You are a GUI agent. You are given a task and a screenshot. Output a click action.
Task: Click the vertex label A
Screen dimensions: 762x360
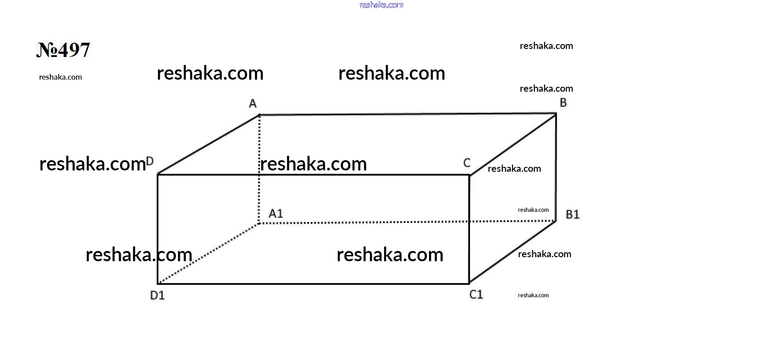click(x=252, y=103)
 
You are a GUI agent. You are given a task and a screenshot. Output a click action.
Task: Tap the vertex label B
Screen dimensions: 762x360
click(x=563, y=103)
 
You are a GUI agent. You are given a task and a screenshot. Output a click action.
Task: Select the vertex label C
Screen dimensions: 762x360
click(x=467, y=163)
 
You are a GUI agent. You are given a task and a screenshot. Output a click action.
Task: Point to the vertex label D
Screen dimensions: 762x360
click(x=150, y=161)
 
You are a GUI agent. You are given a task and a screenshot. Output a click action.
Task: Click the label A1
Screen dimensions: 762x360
click(x=276, y=214)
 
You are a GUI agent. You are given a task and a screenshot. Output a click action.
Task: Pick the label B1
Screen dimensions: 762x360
click(x=572, y=214)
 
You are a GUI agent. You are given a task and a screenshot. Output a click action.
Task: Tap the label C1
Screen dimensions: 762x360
click(x=476, y=295)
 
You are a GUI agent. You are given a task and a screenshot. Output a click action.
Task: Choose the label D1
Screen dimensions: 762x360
click(x=158, y=295)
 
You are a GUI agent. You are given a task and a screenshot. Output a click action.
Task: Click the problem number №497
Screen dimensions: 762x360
click(x=63, y=50)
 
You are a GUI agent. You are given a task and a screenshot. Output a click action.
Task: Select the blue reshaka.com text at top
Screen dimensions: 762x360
click(x=381, y=5)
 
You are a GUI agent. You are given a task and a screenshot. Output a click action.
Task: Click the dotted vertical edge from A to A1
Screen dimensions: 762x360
click(x=259, y=169)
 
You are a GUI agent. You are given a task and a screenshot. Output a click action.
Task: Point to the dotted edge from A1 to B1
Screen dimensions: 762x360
click(x=408, y=222)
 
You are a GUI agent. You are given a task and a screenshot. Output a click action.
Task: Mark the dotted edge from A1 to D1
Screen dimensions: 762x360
click(x=208, y=254)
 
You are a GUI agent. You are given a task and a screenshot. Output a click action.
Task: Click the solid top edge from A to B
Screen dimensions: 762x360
click(x=408, y=114)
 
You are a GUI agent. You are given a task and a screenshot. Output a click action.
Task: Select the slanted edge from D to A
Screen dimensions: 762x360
click(x=208, y=145)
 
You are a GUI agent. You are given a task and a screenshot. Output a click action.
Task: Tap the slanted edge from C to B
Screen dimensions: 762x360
click(x=513, y=145)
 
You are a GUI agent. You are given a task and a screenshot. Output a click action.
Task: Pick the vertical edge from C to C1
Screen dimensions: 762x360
click(x=470, y=230)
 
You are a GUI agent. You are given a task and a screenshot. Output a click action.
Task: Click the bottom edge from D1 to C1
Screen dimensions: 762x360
click(x=313, y=283)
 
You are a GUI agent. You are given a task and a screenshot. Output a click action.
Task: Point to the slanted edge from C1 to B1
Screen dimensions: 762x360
click(x=513, y=252)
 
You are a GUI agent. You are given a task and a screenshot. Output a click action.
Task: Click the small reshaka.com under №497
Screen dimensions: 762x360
click(x=61, y=77)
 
